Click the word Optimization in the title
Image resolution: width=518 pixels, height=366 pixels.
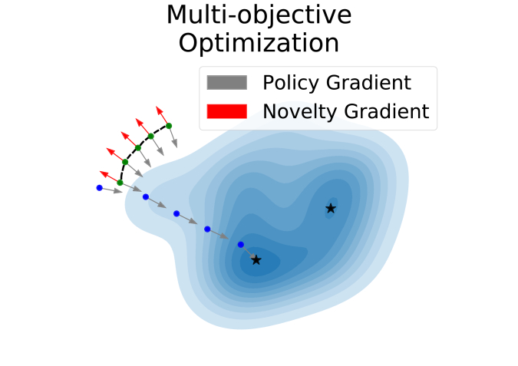tap(259, 44)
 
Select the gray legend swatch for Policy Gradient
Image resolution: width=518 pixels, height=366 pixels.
tap(227, 83)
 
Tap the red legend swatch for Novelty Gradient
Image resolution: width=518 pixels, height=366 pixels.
tap(227, 111)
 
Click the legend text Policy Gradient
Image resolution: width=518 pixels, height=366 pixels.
tap(337, 83)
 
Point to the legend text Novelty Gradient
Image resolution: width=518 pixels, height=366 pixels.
tap(346, 111)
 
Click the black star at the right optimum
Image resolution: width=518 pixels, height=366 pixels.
tap(331, 209)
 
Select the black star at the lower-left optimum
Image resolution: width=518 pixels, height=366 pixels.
tap(256, 260)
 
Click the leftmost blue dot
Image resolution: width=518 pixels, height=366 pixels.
tap(100, 188)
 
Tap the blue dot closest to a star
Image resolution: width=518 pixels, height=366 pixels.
tap(241, 245)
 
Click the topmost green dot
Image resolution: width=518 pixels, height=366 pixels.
tap(169, 126)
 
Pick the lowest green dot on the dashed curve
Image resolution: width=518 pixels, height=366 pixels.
tap(120, 183)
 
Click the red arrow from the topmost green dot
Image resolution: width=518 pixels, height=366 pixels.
tap(162, 116)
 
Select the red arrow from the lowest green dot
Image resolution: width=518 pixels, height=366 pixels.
tap(110, 176)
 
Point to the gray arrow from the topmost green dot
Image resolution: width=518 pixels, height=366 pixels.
tap(173, 137)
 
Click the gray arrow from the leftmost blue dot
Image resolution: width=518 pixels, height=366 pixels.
tap(111, 190)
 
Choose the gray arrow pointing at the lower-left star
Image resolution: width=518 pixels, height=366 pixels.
tap(249, 252)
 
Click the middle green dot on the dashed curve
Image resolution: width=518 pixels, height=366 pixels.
tap(138, 148)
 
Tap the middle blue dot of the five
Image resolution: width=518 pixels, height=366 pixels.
tap(177, 214)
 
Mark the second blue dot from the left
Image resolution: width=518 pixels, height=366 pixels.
tap(146, 197)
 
